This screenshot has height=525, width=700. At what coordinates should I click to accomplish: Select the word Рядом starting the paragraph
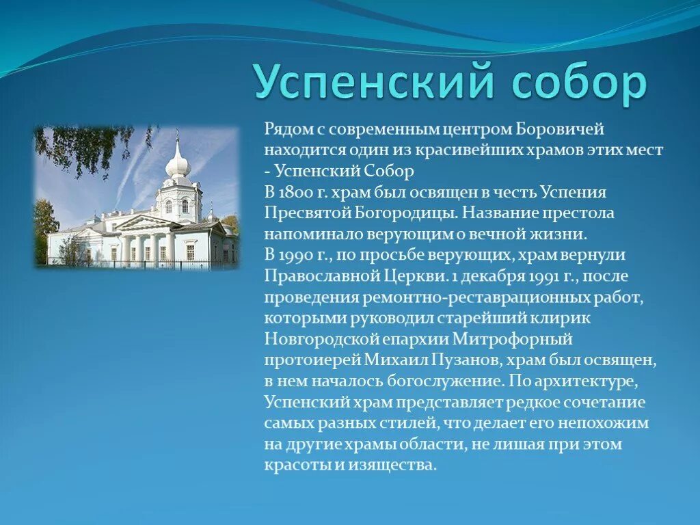click(286, 130)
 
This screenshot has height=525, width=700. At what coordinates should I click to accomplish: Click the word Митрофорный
click(522, 339)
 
